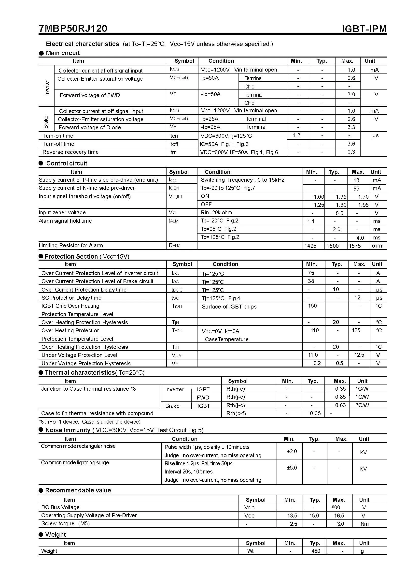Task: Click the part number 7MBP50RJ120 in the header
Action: point(73,29)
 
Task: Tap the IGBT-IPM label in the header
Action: point(364,29)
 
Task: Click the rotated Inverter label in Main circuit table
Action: point(47,88)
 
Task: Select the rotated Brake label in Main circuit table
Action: point(46,122)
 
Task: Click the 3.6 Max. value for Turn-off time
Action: point(351,144)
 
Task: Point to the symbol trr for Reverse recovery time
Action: point(173,152)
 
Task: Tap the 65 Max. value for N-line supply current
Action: point(356,188)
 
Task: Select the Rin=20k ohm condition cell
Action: point(216,213)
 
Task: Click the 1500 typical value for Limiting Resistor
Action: point(333,246)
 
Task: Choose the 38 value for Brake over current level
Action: point(311,281)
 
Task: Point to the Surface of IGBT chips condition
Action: point(229,307)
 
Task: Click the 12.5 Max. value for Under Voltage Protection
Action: point(359,355)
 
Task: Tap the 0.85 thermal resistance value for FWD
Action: point(340,397)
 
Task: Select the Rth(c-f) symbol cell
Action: point(236,413)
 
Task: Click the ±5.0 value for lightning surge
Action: point(292,468)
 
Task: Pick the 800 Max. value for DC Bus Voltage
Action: point(336,507)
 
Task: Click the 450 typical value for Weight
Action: point(316,551)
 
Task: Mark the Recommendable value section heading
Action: point(78,490)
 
